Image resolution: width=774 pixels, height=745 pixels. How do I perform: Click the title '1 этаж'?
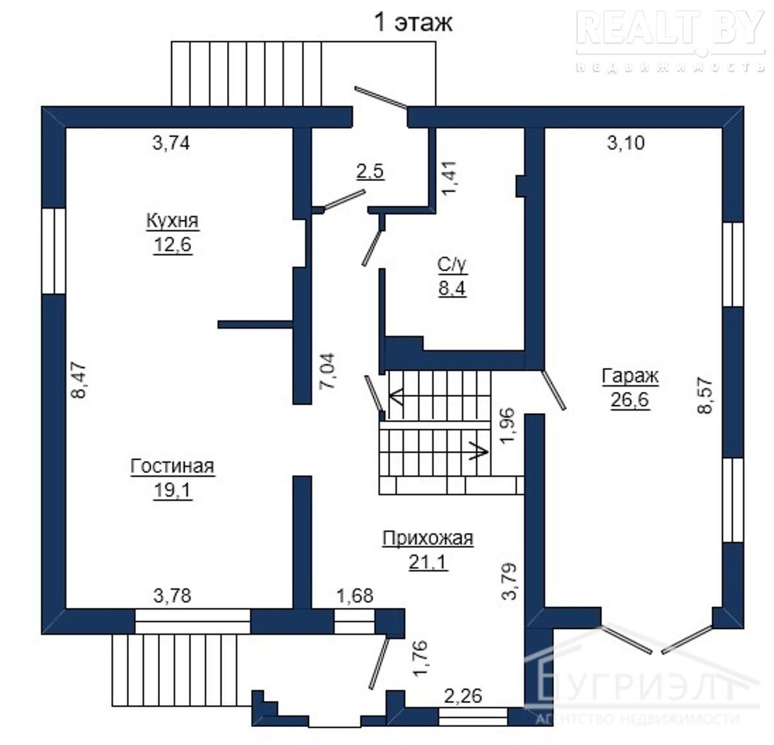click(x=413, y=23)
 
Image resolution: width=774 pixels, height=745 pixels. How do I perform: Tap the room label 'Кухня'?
click(x=172, y=220)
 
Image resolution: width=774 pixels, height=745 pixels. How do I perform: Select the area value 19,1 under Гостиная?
click(x=173, y=490)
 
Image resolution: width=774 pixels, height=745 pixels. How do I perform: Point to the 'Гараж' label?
click(x=630, y=376)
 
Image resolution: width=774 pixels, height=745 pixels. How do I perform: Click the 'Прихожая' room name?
click(x=428, y=539)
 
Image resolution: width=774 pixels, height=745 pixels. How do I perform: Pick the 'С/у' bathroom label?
click(x=452, y=265)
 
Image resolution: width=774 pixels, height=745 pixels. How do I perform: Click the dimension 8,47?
click(x=79, y=380)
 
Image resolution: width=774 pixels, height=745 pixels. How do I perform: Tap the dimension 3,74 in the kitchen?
click(x=171, y=143)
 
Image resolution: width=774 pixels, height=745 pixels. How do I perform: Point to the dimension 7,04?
click(x=328, y=371)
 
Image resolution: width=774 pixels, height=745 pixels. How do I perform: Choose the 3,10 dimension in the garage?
click(x=626, y=143)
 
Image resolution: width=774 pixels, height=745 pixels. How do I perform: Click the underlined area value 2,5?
click(x=370, y=171)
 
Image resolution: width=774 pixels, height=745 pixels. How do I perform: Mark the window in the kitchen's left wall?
click(x=54, y=251)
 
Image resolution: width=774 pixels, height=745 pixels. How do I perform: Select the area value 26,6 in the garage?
click(x=630, y=400)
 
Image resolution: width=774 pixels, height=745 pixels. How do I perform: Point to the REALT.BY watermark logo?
click(x=670, y=40)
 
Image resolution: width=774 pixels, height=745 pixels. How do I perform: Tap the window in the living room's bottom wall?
click(x=192, y=621)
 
